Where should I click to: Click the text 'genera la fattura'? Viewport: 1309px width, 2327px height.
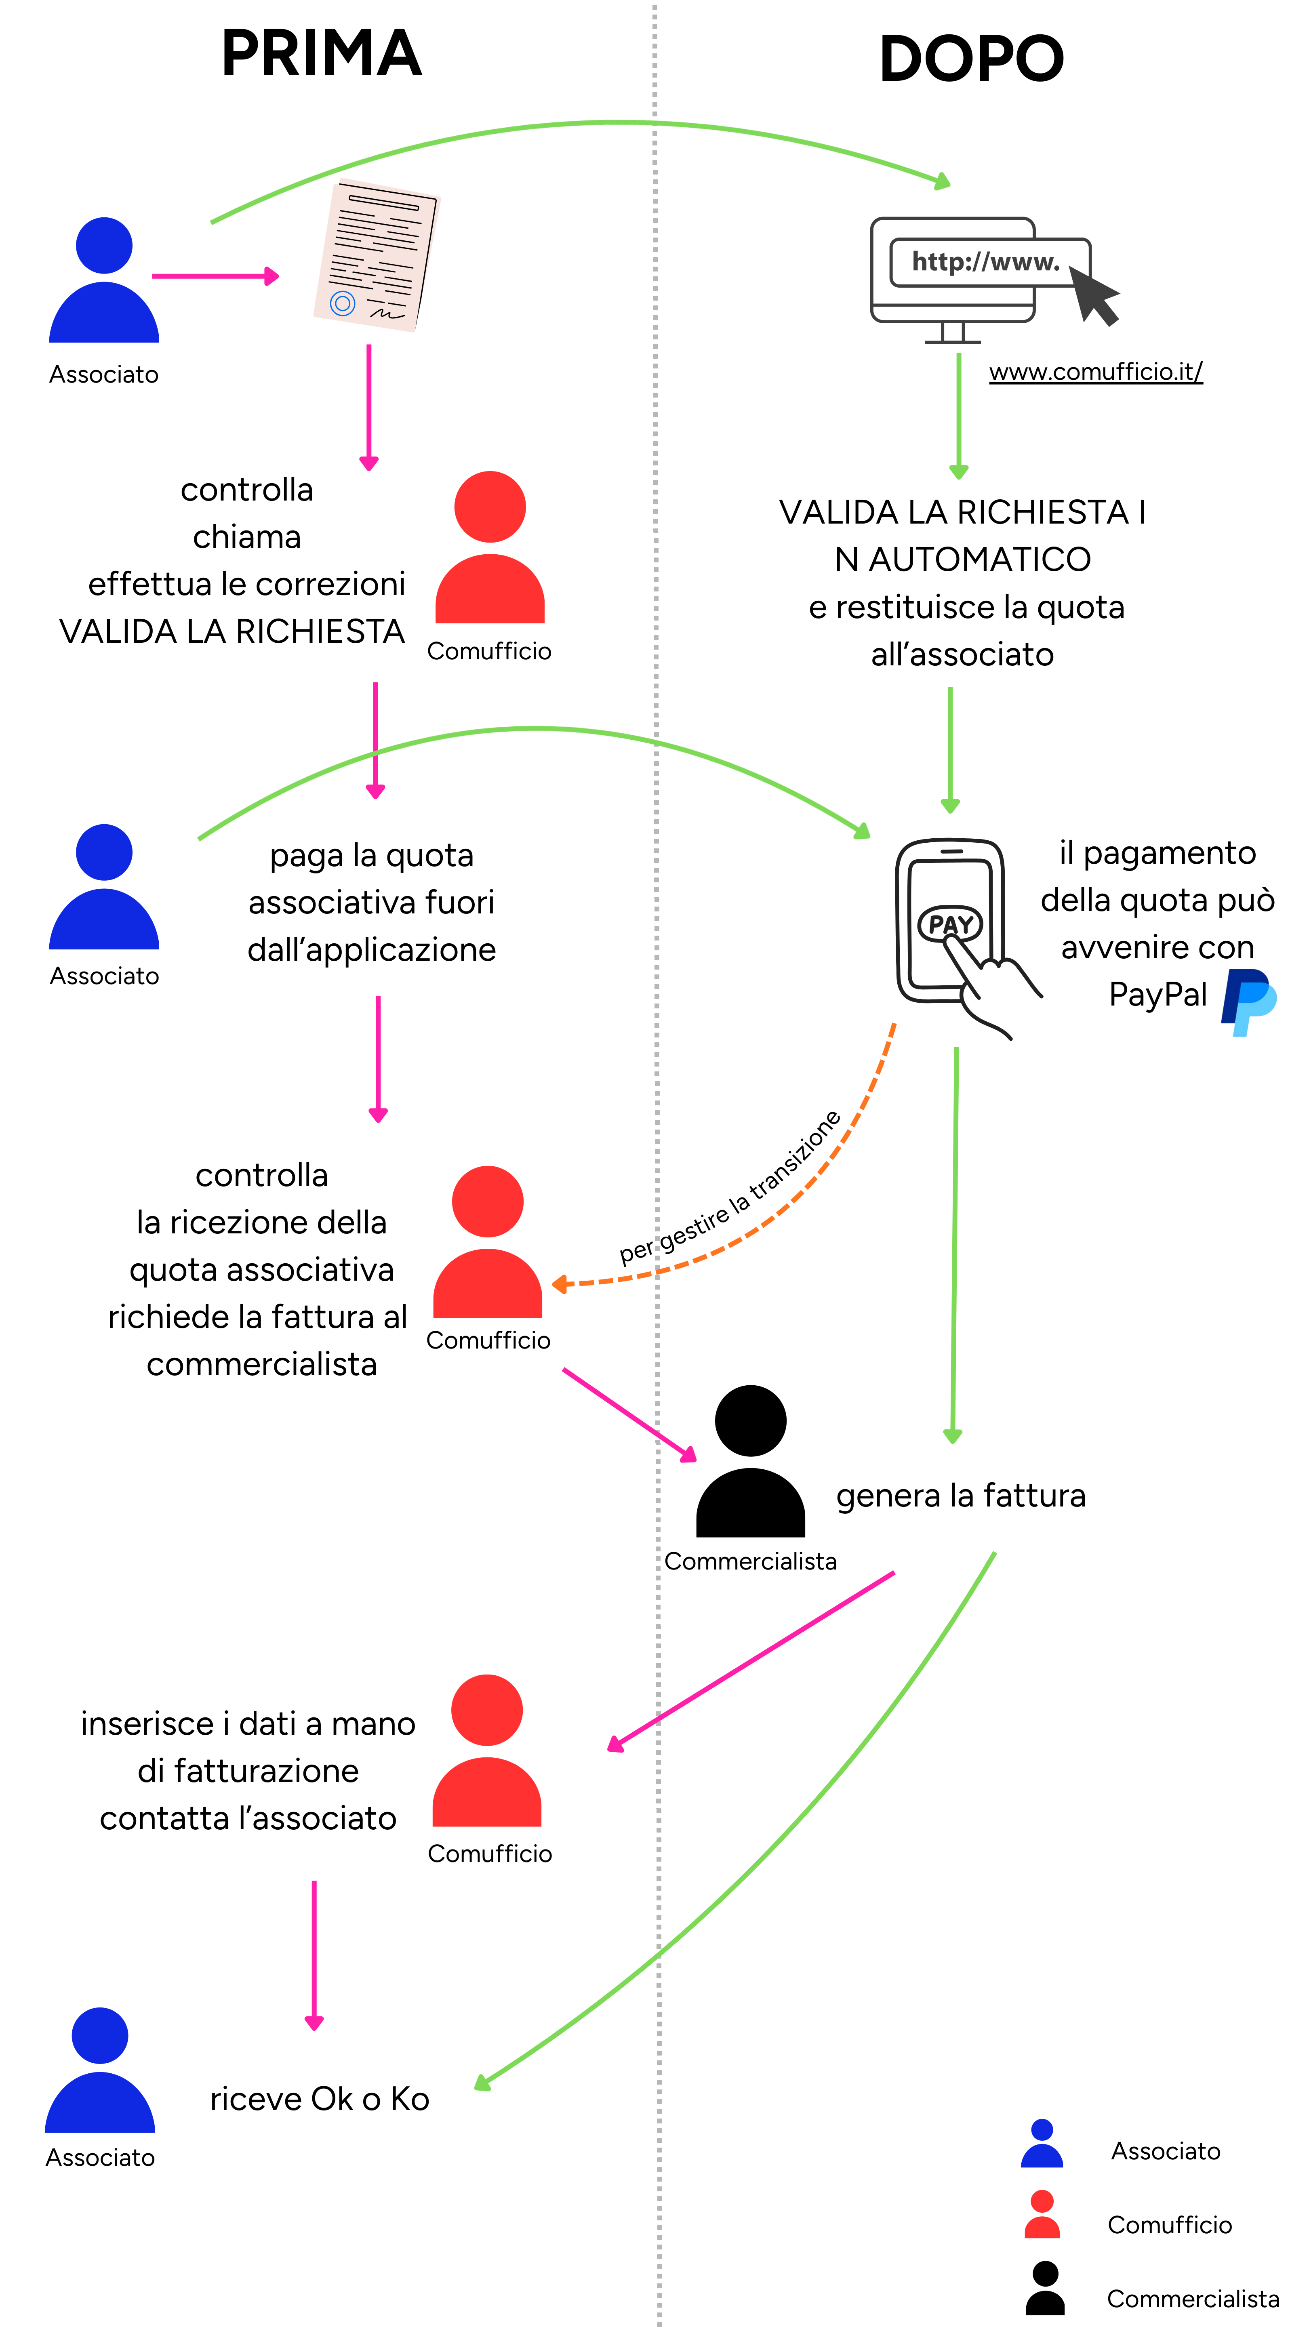[x=960, y=1496]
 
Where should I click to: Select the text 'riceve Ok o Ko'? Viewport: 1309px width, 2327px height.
[x=319, y=2098]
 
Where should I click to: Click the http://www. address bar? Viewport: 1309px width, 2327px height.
[x=985, y=262]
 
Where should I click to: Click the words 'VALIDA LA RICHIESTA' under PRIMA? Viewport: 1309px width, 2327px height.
[x=232, y=631]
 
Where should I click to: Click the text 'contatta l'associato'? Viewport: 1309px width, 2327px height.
[x=248, y=1818]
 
